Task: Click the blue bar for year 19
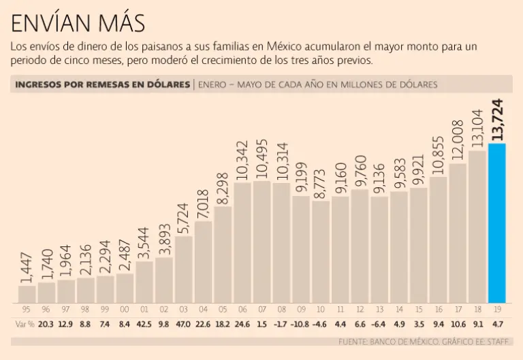pos(497,223)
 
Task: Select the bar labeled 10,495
pos(262,242)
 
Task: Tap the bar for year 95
pos(27,294)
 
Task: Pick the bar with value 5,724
pos(184,269)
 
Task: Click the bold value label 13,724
pos(497,120)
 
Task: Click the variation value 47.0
pos(184,324)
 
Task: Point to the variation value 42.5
pos(144,324)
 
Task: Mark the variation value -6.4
pos(380,324)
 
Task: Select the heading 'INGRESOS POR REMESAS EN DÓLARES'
pos(101,84)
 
